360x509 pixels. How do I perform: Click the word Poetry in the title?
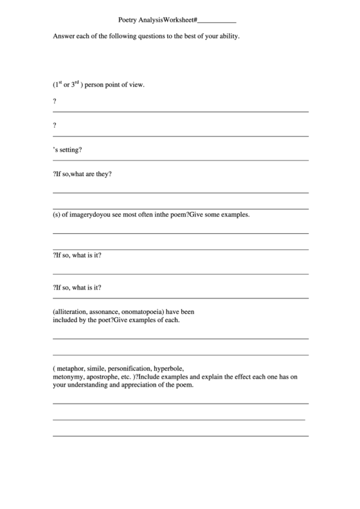coord(127,21)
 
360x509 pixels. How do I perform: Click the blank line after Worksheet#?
coord(217,22)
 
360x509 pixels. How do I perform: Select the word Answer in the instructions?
coord(63,36)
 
